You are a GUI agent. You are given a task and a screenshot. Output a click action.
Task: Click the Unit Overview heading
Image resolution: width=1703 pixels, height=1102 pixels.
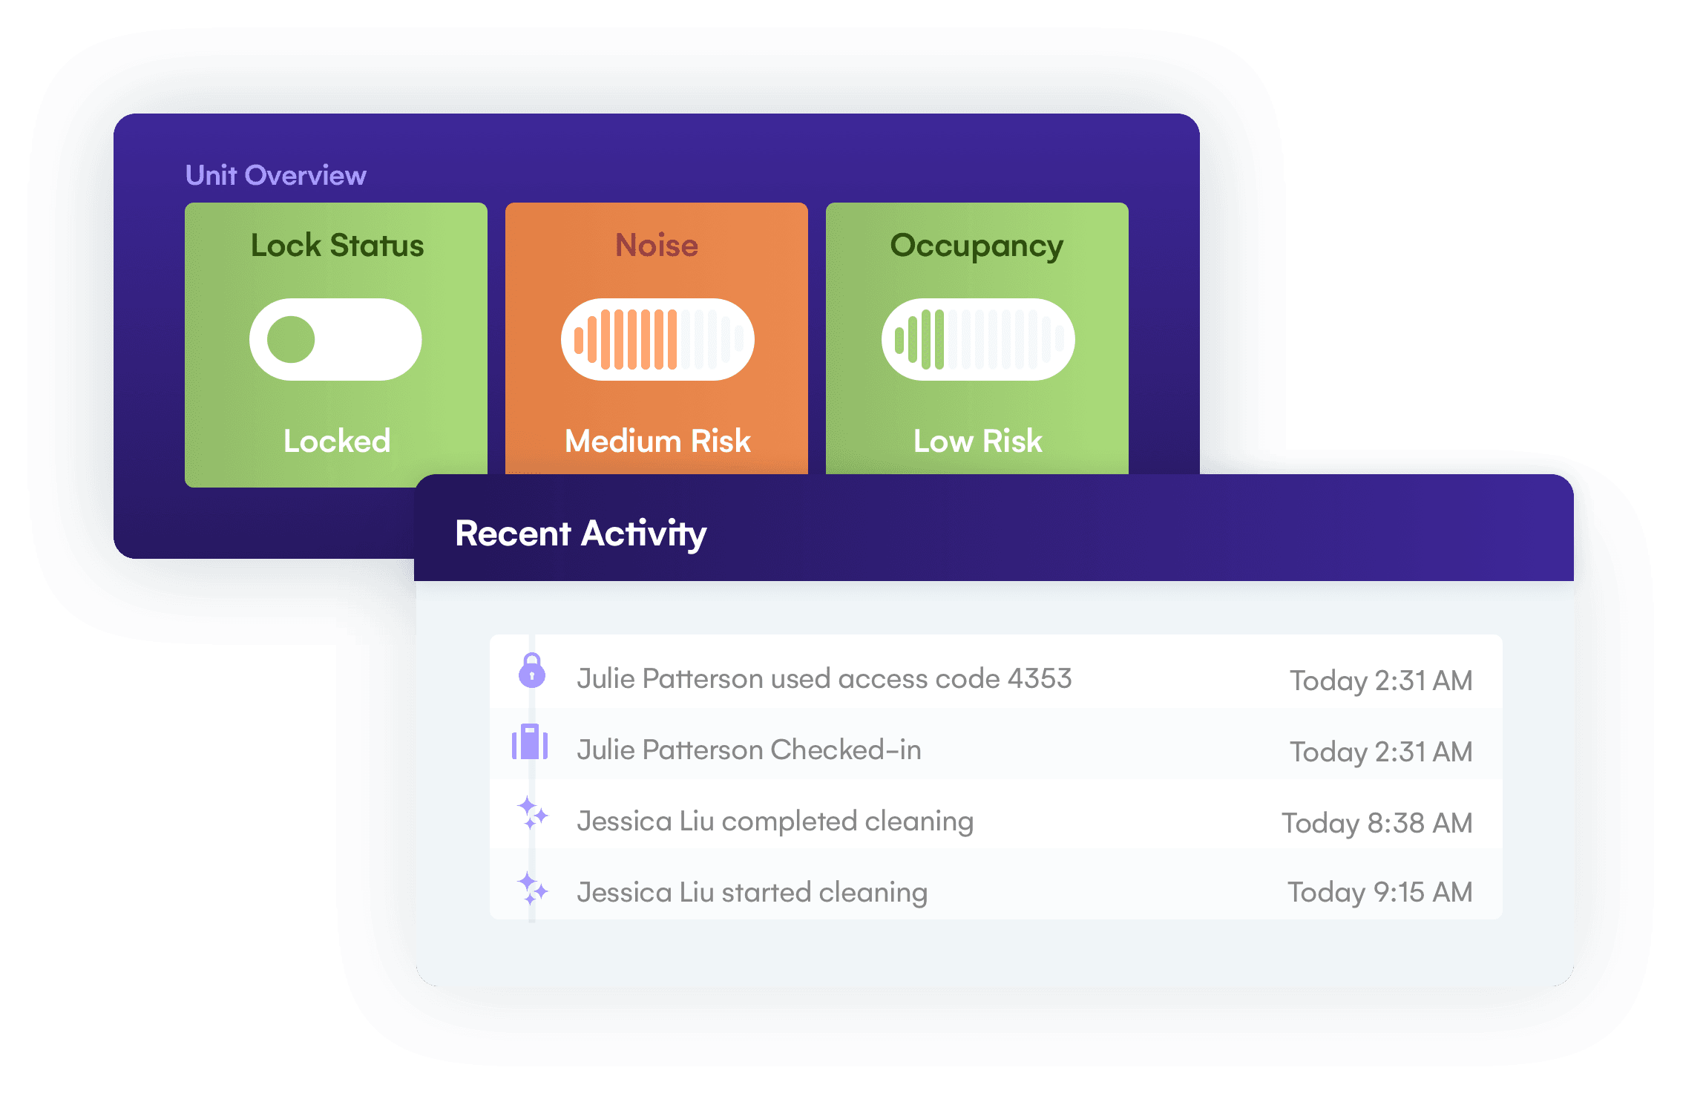click(x=275, y=175)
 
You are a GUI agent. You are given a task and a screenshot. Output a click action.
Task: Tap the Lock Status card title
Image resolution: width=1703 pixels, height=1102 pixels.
click(x=337, y=245)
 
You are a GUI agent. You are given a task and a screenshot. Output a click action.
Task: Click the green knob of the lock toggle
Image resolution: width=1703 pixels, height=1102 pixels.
click(x=291, y=340)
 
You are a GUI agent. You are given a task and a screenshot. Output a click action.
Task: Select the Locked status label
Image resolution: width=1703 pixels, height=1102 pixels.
click(x=337, y=441)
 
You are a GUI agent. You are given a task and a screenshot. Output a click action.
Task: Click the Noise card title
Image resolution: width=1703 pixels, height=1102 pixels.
click(x=657, y=245)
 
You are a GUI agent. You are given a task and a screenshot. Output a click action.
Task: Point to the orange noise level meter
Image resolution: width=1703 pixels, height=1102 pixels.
click(x=657, y=340)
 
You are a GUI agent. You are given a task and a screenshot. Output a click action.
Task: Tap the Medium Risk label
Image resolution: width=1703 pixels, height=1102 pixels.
click(x=657, y=441)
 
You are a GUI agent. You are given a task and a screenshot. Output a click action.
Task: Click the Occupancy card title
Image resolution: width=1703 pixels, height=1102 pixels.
click(x=977, y=245)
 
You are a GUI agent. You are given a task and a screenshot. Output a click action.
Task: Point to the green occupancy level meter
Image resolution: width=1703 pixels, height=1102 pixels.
click(x=978, y=340)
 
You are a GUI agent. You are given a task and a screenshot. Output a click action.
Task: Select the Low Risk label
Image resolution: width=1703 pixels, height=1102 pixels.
click(x=977, y=441)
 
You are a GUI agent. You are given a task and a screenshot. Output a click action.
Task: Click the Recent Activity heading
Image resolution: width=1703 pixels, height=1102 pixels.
click(x=580, y=534)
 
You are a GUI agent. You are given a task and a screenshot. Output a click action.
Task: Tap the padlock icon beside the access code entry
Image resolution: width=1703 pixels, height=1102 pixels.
click(x=531, y=671)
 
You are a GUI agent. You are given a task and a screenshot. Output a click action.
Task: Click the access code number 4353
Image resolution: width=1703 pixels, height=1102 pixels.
click(x=1040, y=678)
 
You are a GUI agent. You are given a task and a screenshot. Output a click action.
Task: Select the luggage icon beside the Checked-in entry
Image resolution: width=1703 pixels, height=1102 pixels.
click(x=530, y=742)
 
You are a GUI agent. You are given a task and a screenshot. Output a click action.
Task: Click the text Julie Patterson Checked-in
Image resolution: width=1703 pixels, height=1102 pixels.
click(x=749, y=750)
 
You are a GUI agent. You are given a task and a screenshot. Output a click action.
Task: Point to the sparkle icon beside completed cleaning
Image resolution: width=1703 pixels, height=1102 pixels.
click(x=532, y=813)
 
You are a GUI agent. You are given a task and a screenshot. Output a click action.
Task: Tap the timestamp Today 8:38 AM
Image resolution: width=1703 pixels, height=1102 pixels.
click(x=1376, y=823)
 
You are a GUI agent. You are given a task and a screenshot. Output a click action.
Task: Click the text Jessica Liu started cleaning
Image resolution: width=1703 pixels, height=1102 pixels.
click(x=752, y=892)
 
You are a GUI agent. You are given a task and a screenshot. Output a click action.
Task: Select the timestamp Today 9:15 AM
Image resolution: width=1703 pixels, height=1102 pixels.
click(x=1379, y=892)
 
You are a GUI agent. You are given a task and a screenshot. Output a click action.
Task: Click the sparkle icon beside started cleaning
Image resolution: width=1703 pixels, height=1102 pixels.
click(x=532, y=888)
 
